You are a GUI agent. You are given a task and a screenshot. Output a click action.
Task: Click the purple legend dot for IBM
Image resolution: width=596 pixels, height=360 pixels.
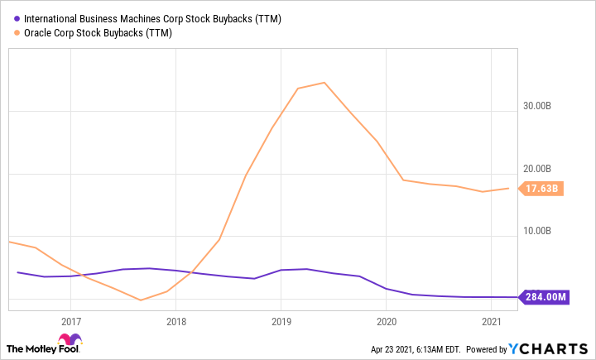[17, 18]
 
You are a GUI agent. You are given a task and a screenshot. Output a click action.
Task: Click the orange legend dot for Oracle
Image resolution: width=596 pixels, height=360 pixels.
[17, 33]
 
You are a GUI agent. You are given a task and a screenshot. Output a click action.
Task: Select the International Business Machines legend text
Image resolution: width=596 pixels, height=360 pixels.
[152, 18]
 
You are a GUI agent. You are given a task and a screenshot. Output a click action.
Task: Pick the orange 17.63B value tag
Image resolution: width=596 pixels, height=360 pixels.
[543, 189]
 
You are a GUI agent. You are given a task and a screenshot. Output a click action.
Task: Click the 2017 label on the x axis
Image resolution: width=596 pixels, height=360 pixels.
[70, 321]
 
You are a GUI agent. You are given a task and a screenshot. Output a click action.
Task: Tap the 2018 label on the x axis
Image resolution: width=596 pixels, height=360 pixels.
[175, 321]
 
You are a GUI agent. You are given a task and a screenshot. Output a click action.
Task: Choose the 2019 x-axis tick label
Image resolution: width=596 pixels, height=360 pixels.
[281, 321]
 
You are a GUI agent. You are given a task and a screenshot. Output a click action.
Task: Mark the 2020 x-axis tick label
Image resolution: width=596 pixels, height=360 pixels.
[387, 321]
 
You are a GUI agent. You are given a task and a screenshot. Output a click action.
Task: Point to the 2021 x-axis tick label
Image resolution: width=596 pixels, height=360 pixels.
[492, 321]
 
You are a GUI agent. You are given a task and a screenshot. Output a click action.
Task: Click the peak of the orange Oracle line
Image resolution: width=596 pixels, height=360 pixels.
[324, 83]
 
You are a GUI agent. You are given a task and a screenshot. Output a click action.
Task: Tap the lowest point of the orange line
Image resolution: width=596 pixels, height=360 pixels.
[141, 300]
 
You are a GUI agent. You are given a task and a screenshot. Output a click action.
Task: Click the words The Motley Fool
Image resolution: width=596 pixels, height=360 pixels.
[31, 348]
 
